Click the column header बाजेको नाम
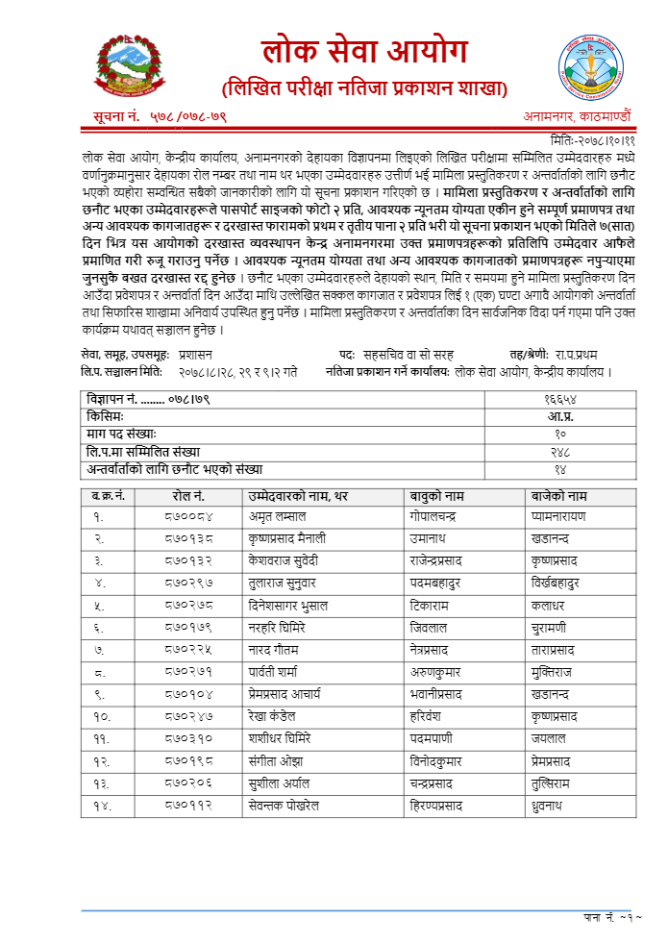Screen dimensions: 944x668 click(x=558, y=496)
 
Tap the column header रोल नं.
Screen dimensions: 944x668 click(x=189, y=496)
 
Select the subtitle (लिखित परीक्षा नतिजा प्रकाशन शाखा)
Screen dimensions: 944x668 click(x=364, y=89)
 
